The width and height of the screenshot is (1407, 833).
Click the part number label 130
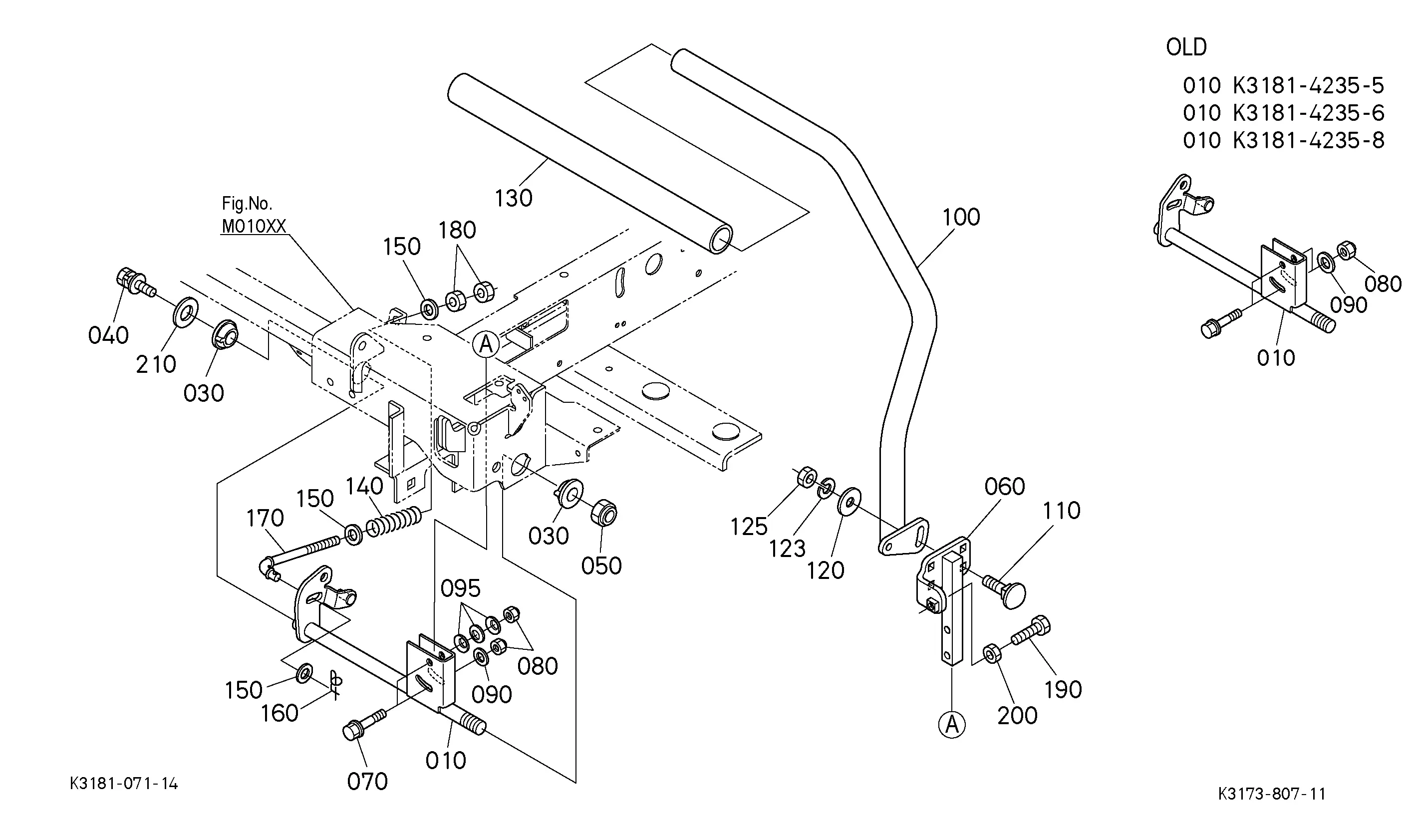point(514,198)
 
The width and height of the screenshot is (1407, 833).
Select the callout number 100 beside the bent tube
point(961,217)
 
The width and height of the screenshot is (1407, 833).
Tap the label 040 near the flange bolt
point(108,336)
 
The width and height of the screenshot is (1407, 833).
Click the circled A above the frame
point(486,343)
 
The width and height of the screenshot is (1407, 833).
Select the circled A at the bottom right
point(952,725)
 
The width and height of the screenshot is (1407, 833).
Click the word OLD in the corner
point(1186,47)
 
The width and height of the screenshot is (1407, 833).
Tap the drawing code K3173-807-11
point(1272,794)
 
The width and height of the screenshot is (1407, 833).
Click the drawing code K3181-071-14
point(124,784)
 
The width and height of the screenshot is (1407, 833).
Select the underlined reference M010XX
point(254,226)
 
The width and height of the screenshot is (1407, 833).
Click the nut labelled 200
point(992,653)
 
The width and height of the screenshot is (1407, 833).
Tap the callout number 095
point(460,589)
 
